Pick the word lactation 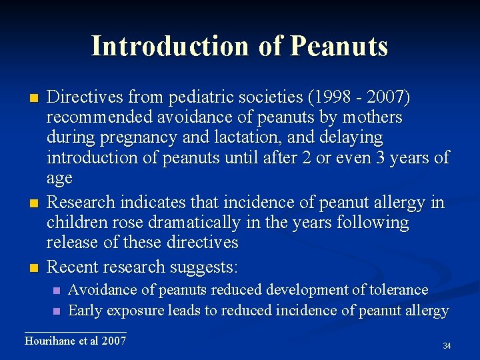pos(257,138)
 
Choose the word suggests pos(205,267)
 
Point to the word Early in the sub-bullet pos(86,311)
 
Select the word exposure pos(134,311)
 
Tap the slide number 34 pos(447,346)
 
